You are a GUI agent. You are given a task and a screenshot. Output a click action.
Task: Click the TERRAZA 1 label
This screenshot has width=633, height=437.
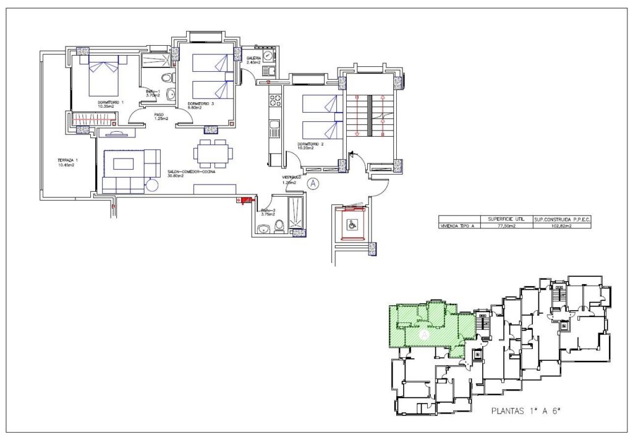(x=68, y=163)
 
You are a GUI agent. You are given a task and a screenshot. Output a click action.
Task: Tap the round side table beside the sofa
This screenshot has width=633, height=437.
(x=151, y=184)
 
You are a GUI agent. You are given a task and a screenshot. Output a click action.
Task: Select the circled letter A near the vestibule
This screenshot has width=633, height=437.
(x=313, y=183)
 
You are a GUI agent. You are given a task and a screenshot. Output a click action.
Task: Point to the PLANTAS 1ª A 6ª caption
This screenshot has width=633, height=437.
(x=529, y=410)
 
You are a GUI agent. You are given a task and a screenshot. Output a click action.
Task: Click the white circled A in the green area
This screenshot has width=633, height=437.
(x=424, y=335)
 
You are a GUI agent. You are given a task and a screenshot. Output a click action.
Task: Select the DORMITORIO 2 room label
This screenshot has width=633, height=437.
(x=311, y=145)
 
